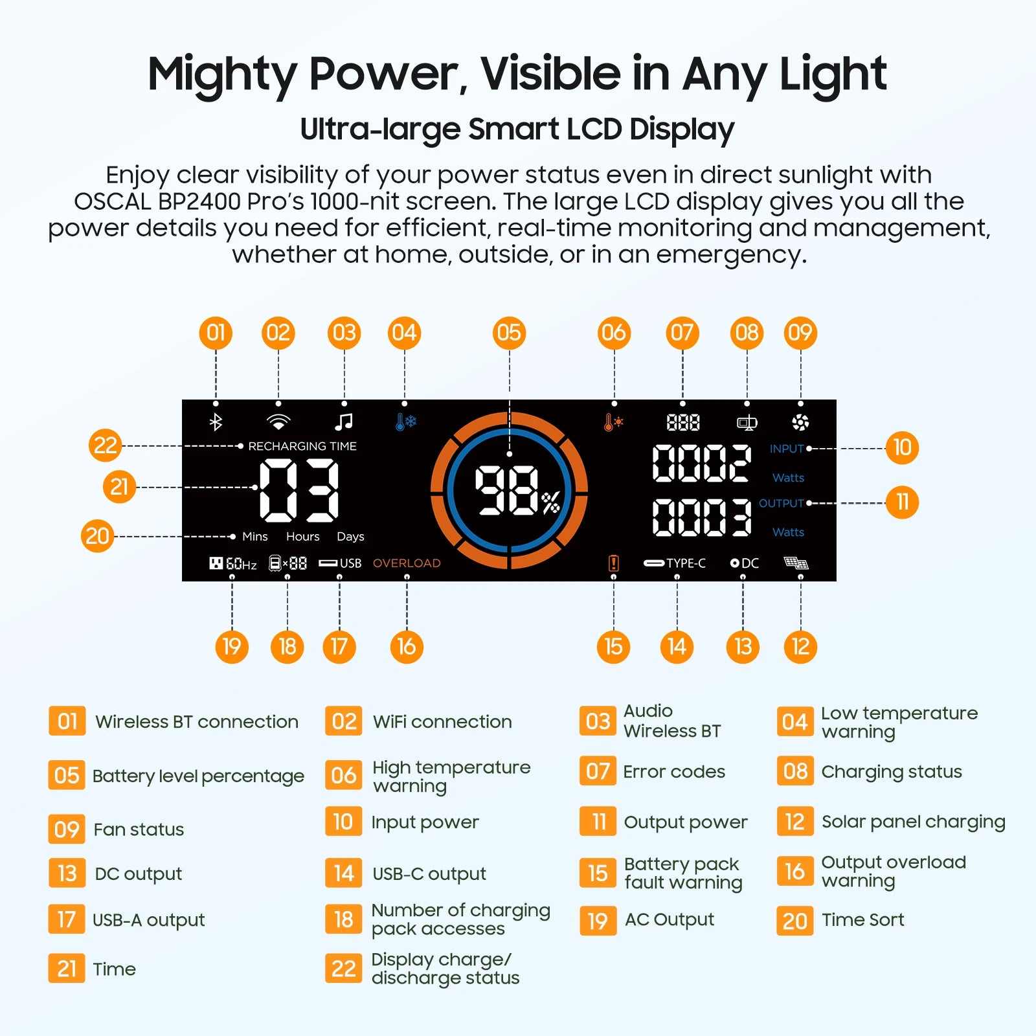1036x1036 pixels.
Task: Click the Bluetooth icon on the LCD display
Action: click(216, 422)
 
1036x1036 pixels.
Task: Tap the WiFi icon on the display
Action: click(278, 422)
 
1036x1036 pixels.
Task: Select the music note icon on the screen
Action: click(344, 422)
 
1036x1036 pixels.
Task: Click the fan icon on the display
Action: click(800, 422)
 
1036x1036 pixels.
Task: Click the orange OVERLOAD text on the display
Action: click(407, 563)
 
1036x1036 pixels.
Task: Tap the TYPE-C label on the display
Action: click(675, 563)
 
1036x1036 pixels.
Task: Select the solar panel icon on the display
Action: click(796, 563)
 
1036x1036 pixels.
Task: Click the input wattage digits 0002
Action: click(701, 464)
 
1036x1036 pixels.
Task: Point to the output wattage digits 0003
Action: click(701, 517)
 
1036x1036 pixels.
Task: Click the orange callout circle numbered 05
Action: click(509, 333)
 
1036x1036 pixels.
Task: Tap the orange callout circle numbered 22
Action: click(106, 445)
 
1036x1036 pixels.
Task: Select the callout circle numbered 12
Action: click(800, 646)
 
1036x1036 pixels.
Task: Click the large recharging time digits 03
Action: click(299, 490)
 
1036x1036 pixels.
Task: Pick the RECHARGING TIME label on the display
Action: click(302, 446)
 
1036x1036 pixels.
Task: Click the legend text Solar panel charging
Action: click(913, 822)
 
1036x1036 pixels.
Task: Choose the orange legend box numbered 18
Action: click(343, 919)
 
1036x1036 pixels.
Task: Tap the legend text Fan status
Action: click(139, 829)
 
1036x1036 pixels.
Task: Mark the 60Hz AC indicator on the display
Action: click(233, 563)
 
